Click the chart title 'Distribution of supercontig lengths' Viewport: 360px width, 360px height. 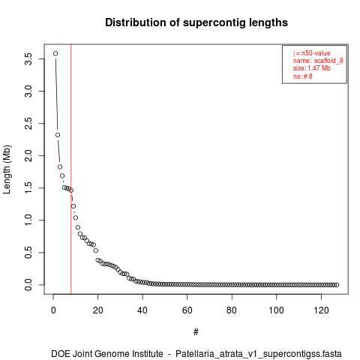click(196, 22)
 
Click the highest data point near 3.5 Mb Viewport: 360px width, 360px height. click(55, 53)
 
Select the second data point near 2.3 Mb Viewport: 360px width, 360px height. click(58, 135)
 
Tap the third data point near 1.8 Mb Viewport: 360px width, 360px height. click(60, 167)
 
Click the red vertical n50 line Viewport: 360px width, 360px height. click(71, 169)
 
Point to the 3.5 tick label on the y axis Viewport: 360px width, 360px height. click(28, 59)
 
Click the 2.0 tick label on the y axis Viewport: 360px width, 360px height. click(28, 155)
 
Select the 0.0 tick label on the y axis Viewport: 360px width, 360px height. click(28, 285)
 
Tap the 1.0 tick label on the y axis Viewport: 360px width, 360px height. click(28, 220)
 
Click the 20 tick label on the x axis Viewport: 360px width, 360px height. click(98, 310)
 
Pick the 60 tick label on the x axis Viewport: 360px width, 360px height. click(187, 310)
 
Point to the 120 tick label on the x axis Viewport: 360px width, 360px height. click(321, 310)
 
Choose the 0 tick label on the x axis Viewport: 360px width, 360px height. click(53, 310)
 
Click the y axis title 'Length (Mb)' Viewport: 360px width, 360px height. click(7, 169)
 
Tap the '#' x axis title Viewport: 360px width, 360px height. click(196, 332)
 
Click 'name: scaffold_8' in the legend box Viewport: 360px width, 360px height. click(318, 61)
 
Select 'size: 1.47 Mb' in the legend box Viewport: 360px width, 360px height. click(312, 68)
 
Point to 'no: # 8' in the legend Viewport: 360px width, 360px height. click(303, 76)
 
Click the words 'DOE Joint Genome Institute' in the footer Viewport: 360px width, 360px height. click(107, 354)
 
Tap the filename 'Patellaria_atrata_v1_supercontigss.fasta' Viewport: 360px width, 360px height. click(259, 354)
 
